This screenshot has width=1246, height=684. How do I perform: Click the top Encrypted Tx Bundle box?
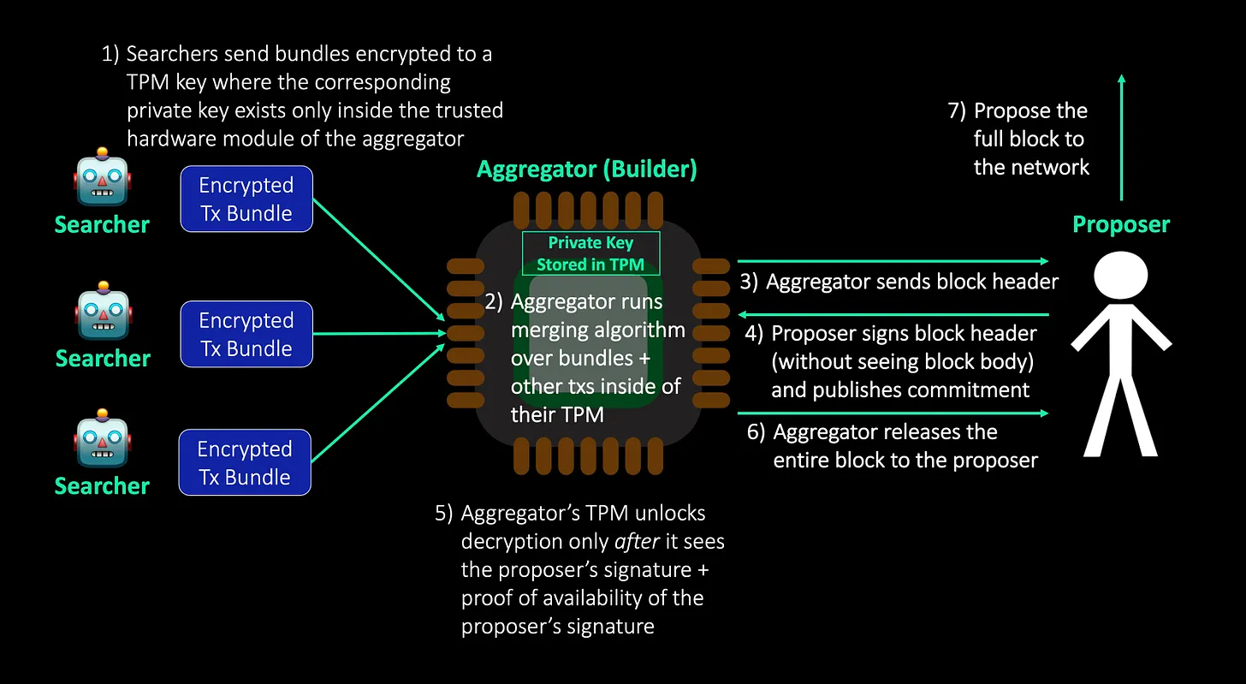click(x=246, y=199)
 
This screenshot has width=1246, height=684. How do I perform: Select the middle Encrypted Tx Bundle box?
click(x=246, y=334)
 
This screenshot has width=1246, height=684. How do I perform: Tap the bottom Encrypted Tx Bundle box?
click(x=245, y=462)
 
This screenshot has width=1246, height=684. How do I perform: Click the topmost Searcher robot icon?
click(x=102, y=179)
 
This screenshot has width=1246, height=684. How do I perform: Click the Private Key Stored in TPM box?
click(x=590, y=253)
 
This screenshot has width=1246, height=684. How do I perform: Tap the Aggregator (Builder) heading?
click(x=587, y=170)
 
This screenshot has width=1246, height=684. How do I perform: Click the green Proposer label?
click(x=1121, y=224)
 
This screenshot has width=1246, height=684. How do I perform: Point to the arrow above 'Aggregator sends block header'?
click(x=892, y=260)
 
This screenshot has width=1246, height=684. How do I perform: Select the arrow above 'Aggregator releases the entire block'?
click(x=892, y=413)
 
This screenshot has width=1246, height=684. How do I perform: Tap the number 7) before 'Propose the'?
click(x=957, y=110)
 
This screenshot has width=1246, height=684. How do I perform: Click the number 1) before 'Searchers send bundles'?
click(x=111, y=54)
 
